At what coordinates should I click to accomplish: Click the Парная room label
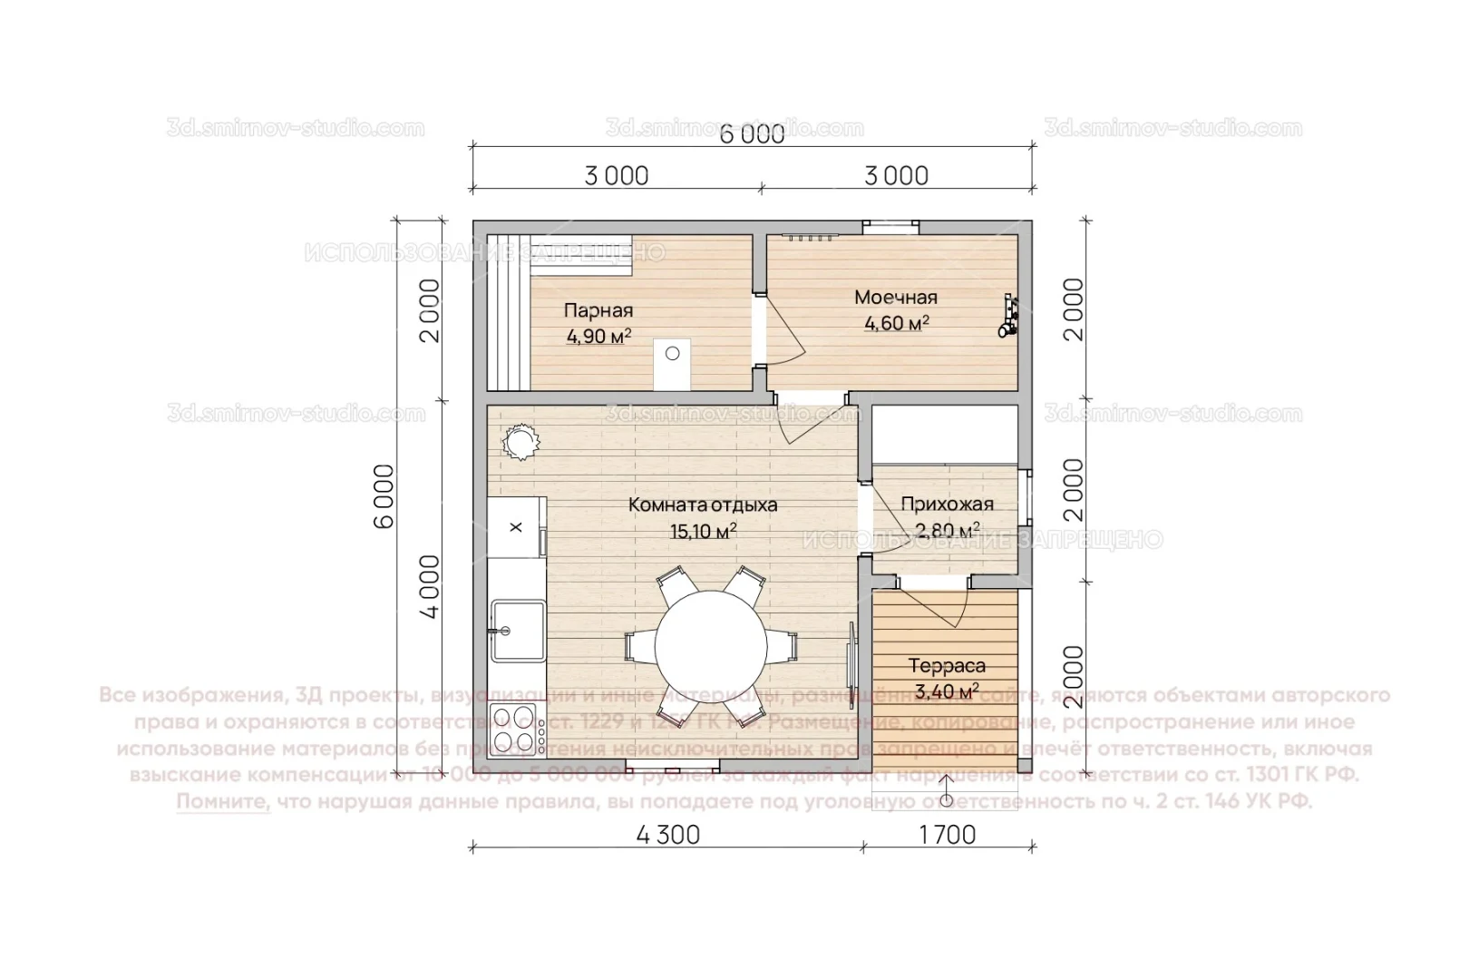[598, 310]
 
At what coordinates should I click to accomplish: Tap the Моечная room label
[895, 297]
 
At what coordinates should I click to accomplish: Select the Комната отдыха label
[702, 505]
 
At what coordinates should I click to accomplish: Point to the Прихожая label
[947, 504]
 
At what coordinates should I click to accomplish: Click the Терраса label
[947, 665]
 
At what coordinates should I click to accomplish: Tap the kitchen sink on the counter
[517, 630]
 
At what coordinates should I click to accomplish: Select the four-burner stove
[517, 730]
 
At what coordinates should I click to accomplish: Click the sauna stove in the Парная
[672, 363]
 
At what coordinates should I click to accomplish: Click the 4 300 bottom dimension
[667, 834]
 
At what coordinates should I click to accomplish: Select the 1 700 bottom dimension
[947, 834]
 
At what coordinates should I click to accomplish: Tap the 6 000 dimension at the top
[752, 134]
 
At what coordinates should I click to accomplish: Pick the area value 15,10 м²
[702, 531]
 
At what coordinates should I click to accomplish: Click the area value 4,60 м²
[895, 323]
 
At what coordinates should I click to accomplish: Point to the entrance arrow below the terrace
[946, 792]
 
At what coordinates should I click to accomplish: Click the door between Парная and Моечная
[780, 331]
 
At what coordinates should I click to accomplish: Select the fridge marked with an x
[516, 526]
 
